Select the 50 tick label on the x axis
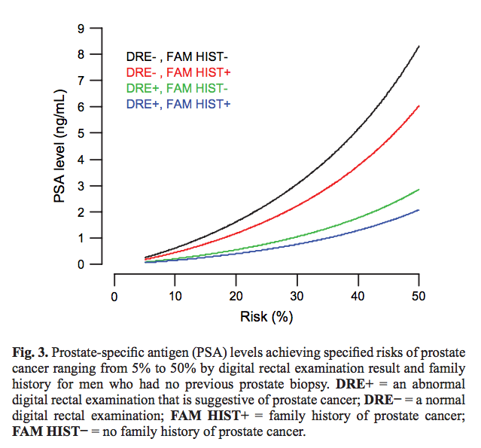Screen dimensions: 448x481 [419, 296]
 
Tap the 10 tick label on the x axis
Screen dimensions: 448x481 [175, 296]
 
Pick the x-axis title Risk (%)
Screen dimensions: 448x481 [266, 318]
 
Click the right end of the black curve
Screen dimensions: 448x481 [419, 47]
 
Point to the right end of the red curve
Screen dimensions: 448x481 [419, 106]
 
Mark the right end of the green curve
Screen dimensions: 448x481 [419, 190]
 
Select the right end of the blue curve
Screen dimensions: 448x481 [419, 210]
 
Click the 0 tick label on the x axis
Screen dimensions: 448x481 [114, 296]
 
